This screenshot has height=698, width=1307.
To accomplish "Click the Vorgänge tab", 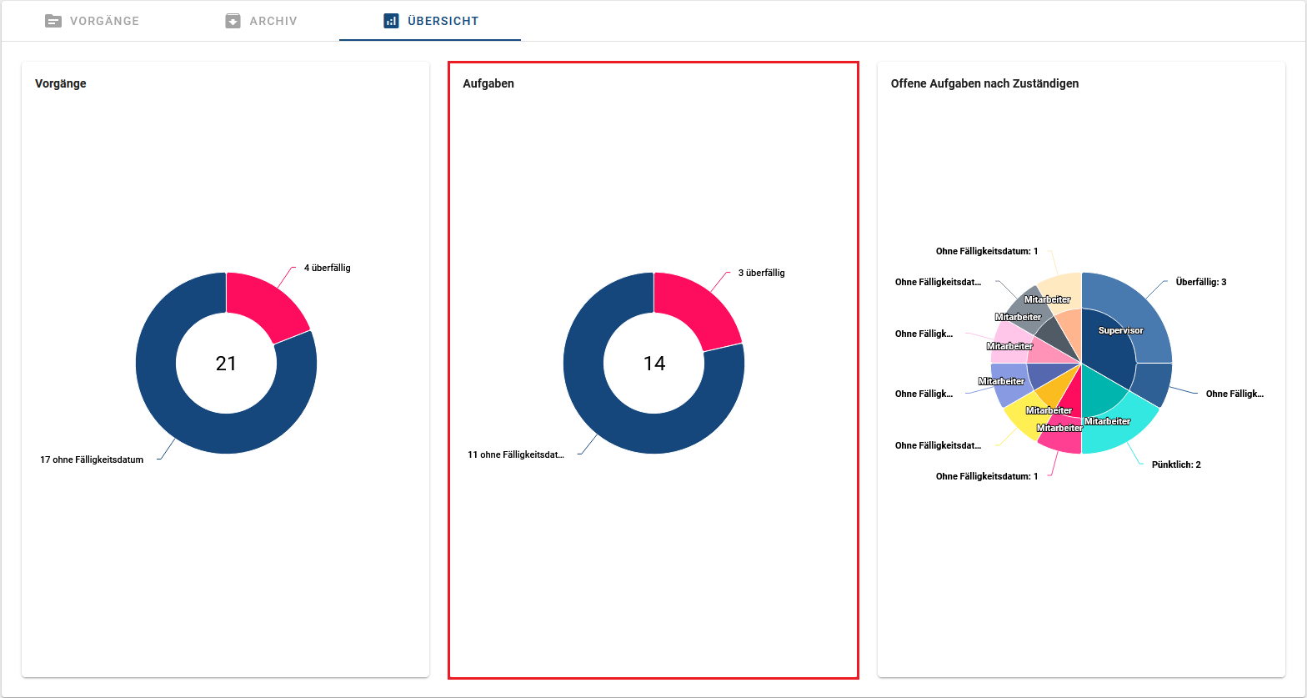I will point(104,21).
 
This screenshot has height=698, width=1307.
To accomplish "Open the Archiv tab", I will point(273,21).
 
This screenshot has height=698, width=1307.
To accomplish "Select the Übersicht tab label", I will point(443,21).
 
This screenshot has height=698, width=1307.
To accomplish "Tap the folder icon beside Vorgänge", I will point(53,21).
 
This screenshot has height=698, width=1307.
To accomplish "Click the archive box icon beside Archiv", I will point(233,21).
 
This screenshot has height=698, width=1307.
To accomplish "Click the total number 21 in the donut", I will point(226,364).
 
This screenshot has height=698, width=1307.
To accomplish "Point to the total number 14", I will point(654,364).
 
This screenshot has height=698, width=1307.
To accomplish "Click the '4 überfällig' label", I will point(327,268).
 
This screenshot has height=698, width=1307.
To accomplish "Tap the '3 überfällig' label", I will point(761,273).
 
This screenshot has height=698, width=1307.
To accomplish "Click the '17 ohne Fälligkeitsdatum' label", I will point(92,459).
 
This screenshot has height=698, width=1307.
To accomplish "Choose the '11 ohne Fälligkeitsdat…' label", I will point(516,454).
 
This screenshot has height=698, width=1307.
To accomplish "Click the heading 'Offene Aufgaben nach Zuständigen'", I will point(984,83).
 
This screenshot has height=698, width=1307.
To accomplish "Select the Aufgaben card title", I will point(488,83).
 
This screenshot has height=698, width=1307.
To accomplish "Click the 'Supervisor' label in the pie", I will point(1120,331).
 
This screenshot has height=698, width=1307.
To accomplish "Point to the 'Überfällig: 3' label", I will point(1200,282).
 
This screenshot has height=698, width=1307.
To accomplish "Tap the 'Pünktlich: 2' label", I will point(1175,464).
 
